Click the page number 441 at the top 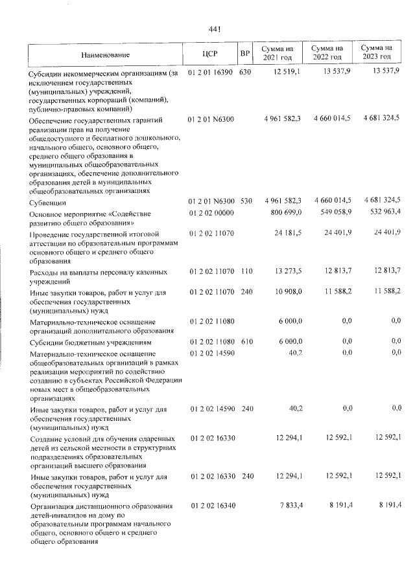[x=215, y=29]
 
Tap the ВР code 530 [x=245, y=202]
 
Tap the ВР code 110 [x=245, y=271]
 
